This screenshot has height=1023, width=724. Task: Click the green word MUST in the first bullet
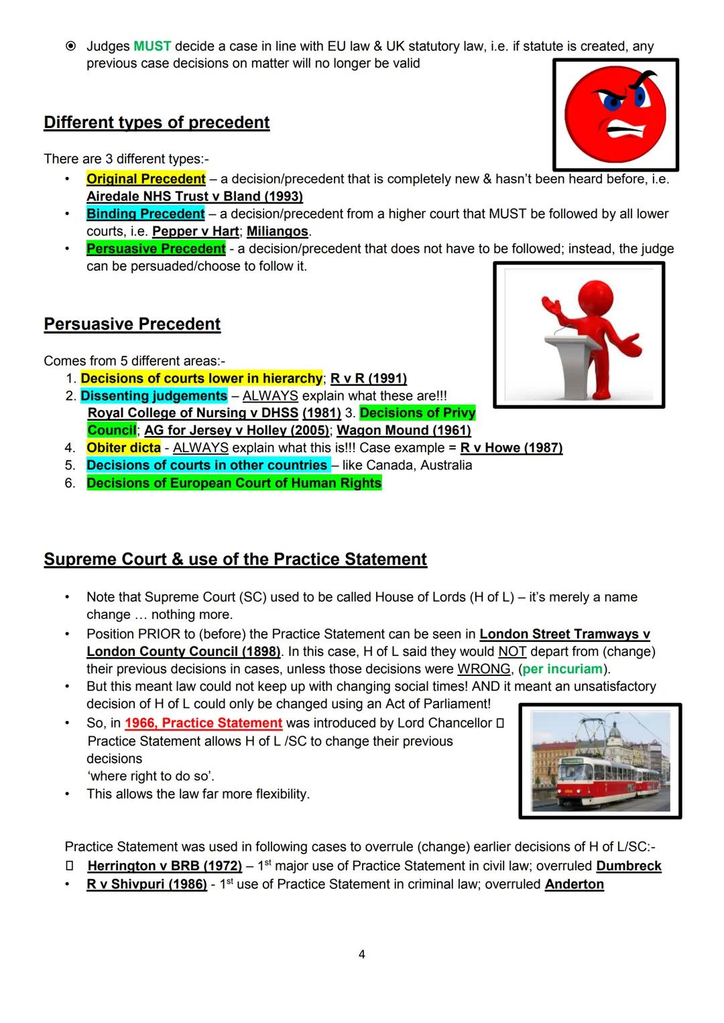click(x=152, y=46)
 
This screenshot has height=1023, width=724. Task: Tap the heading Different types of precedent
click(x=156, y=123)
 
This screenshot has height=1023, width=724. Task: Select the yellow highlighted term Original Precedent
click(x=146, y=179)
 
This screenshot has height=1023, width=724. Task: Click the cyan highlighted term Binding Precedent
click(x=145, y=214)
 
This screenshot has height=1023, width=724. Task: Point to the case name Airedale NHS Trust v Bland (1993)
click(x=194, y=196)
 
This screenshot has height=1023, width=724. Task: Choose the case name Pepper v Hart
click(x=195, y=231)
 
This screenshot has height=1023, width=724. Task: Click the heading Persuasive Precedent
click(x=132, y=324)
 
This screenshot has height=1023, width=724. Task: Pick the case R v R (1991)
click(x=369, y=379)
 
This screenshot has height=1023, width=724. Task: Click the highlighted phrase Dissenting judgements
click(x=154, y=396)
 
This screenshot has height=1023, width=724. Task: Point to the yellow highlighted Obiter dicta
click(x=124, y=448)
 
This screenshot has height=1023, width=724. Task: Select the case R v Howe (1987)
click(x=511, y=448)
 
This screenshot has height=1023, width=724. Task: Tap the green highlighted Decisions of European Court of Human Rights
click(x=234, y=483)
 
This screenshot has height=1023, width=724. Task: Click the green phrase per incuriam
click(x=562, y=669)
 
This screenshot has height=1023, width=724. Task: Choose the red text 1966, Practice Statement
click(x=203, y=723)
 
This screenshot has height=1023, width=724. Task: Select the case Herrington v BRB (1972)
click(x=164, y=866)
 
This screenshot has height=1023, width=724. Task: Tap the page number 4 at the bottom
click(x=362, y=954)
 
